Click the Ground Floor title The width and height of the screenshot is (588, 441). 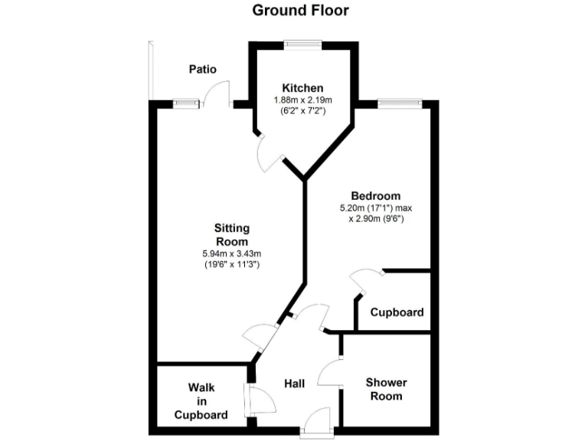coord(300,10)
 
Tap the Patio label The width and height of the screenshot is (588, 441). coord(203,69)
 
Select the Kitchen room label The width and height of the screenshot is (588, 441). coord(302,88)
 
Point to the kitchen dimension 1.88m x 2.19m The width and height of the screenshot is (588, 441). coord(302,100)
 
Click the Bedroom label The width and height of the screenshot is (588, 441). coord(375,195)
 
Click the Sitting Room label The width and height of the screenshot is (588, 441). coord(232,235)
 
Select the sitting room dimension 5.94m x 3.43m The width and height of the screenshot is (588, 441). coord(232,253)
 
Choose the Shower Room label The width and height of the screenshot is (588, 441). coord(385,389)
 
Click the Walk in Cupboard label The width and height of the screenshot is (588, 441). coord(201,401)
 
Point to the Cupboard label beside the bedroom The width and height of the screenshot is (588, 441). coord(397,312)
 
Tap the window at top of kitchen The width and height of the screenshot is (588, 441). coord(302,44)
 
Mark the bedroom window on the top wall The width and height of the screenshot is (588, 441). coord(400,103)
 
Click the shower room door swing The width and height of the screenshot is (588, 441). coord(329,373)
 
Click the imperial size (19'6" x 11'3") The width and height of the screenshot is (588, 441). coord(232,264)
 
